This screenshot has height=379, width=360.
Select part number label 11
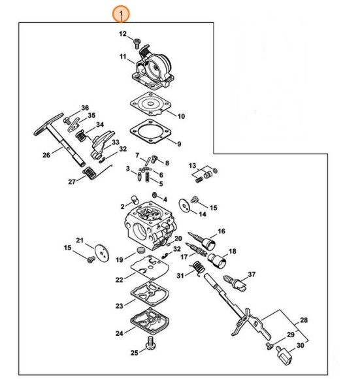click(122, 58)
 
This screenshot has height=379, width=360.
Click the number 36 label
click(84, 107)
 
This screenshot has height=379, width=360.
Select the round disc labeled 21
click(99, 252)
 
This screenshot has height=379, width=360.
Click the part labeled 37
click(234, 283)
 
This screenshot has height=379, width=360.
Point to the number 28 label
click(303, 320)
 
